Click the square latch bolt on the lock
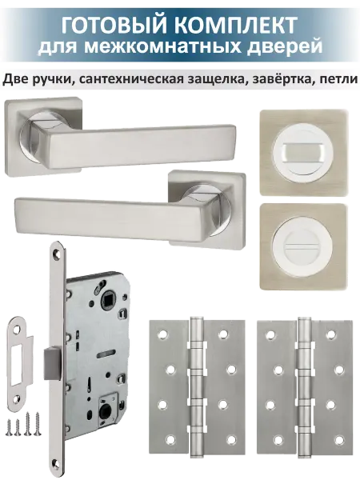pyautogui.click(x=53, y=363)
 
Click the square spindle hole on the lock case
pyautogui.click(x=107, y=297)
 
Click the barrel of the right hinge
pyautogui.click(x=304, y=390)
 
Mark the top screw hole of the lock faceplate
pyautogui.click(x=56, y=254)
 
